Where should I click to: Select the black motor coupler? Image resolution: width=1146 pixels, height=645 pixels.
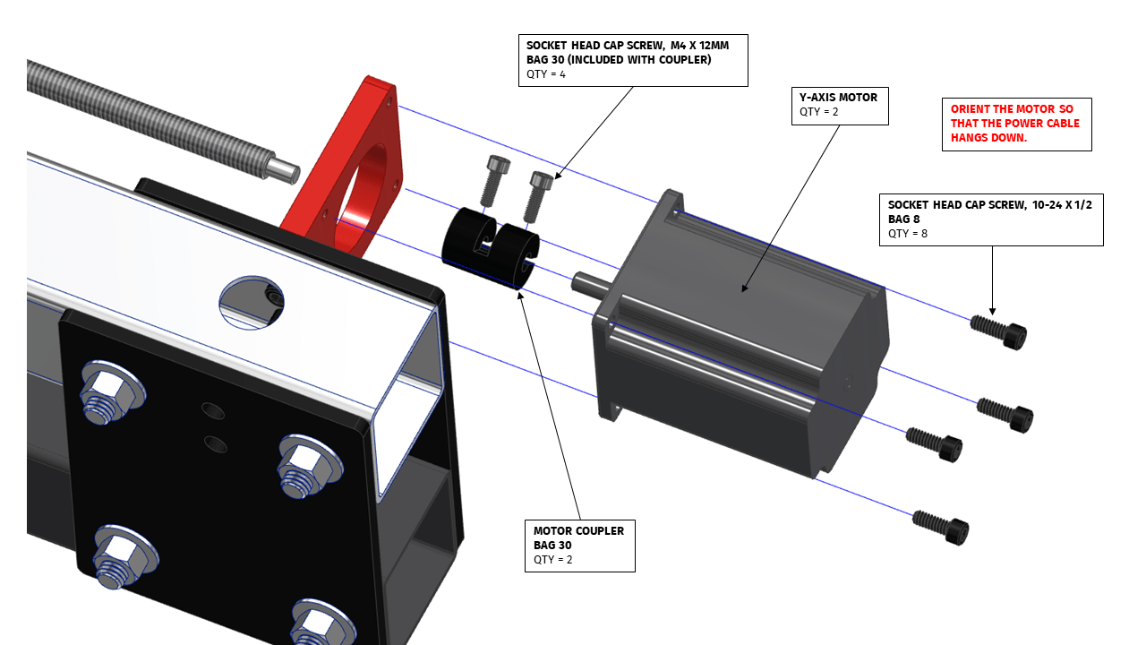491,246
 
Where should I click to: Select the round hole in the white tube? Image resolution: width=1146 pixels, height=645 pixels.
252,302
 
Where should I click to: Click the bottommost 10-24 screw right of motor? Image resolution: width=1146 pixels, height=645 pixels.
941,528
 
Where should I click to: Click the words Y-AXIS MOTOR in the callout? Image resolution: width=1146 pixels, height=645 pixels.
838,98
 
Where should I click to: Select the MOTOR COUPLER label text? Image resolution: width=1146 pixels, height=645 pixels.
578,531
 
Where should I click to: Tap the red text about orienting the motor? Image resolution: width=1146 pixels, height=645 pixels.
1015,124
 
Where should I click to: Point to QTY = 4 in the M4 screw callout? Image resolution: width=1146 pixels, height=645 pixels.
546,74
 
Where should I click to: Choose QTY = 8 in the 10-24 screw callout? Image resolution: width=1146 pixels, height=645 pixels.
910,234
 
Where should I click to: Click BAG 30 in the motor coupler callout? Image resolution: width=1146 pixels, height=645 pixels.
552,546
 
